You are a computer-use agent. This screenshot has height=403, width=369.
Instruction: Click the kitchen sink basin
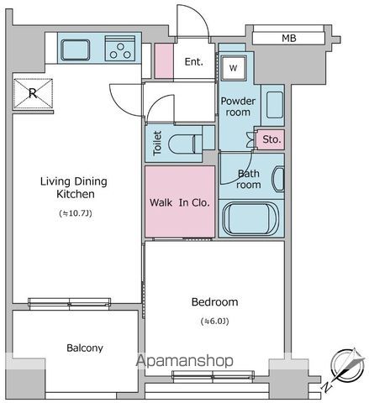click(76, 50)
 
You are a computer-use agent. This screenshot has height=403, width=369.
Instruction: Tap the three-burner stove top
click(120, 48)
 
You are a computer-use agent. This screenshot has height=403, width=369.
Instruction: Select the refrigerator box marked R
click(33, 93)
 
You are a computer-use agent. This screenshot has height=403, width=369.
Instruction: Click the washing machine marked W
click(234, 68)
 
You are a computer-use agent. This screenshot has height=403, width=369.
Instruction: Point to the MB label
click(289, 38)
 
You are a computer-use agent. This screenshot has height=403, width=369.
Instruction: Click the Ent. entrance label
click(193, 61)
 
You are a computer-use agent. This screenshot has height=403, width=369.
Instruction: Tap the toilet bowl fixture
click(185, 144)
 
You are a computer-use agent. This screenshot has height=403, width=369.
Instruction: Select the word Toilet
click(157, 143)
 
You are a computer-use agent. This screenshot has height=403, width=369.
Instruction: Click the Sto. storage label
click(271, 139)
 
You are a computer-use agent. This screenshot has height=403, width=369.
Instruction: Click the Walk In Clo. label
click(180, 202)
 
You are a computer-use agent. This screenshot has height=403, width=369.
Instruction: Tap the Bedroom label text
click(215, 302)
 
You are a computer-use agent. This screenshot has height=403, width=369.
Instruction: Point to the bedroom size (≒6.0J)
click(215, 322)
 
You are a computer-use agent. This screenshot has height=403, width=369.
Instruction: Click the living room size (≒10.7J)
click(76, 213)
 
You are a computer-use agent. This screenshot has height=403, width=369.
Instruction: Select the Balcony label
click(85, 348)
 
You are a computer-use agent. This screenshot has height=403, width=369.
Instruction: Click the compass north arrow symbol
click(349, 364)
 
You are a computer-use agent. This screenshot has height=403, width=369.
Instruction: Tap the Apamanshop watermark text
click(185, 361)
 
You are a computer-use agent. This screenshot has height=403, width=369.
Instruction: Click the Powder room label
click(238, 107)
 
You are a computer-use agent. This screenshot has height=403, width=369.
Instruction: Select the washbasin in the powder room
click(275, 105)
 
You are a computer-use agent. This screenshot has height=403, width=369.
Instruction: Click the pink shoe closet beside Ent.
click(164, 60)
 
